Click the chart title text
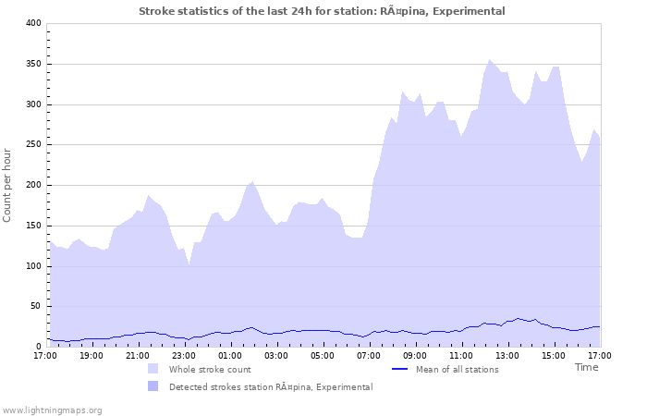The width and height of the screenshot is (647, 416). click(x=322, y=11)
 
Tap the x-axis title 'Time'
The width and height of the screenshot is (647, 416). click(x=586, y=367)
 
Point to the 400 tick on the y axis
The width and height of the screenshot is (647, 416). click(x=33, y=23)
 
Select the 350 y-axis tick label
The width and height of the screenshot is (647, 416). click(x=33, y=64)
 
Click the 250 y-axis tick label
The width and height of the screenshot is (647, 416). click(x=33, y=145)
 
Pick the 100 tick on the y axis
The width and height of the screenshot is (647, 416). click(x=33, y=266)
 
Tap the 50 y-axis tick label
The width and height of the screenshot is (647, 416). click(x=36, y=307)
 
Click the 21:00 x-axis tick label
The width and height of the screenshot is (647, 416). click(x=138, y=355)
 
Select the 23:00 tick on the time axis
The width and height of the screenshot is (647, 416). click(x=184, y=355)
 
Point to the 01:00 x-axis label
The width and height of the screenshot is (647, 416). click(x=230, y=355)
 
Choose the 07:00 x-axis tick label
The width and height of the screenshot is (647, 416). click(x=369, y=355)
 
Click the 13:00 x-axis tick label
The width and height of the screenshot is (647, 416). click(x=507, y=355)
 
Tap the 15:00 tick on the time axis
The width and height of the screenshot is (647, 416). click(x=554, y=355)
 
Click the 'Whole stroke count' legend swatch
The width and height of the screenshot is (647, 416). click(x=153, y=369)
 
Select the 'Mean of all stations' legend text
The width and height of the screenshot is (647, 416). click(x=456, y=370)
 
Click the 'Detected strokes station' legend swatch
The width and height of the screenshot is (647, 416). click(x=153, y=386)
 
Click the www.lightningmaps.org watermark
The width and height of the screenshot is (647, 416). click(x=52, y=410)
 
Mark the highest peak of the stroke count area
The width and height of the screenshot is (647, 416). click(x=490, y=60)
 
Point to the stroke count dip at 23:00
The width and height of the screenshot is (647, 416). click(x=189, y=265)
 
